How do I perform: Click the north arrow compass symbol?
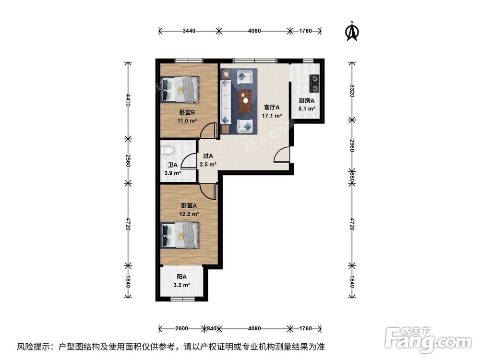[352, 31]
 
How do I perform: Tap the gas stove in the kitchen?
[314, 83]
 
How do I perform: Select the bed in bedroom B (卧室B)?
[180, 89]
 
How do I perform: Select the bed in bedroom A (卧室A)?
[180, 235]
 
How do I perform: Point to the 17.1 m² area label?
[272, 116]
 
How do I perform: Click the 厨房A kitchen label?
[306, 101]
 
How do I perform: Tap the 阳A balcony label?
[181, 276]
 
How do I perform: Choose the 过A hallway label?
[207, 156]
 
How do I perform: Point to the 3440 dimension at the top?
[189, 31]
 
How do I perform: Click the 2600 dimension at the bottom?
[182, 329]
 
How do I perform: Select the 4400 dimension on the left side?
[128, 100]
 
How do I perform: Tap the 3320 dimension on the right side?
[352, 91]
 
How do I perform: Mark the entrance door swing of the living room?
[282, 155]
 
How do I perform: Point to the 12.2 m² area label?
[189, 215]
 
